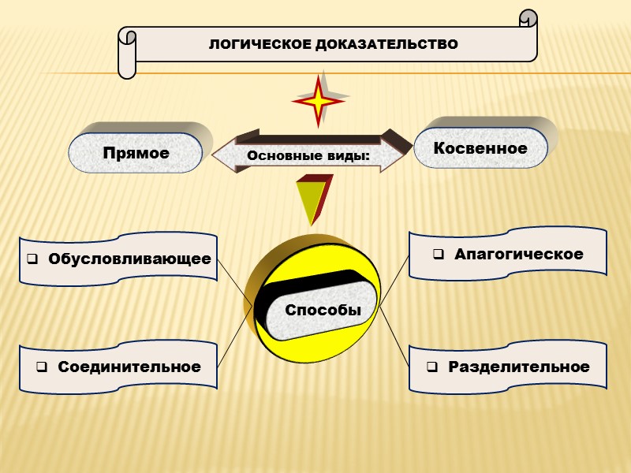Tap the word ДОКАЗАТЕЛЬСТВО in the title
386,44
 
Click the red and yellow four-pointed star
319,100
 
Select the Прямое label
136,153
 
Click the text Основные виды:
308,155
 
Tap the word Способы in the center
323,310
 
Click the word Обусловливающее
129,259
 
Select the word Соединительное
129,367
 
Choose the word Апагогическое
518,254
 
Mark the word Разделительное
518,367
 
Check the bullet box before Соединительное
41,367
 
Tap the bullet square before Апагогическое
439,255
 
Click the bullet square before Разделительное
432,367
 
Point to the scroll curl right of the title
528,19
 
